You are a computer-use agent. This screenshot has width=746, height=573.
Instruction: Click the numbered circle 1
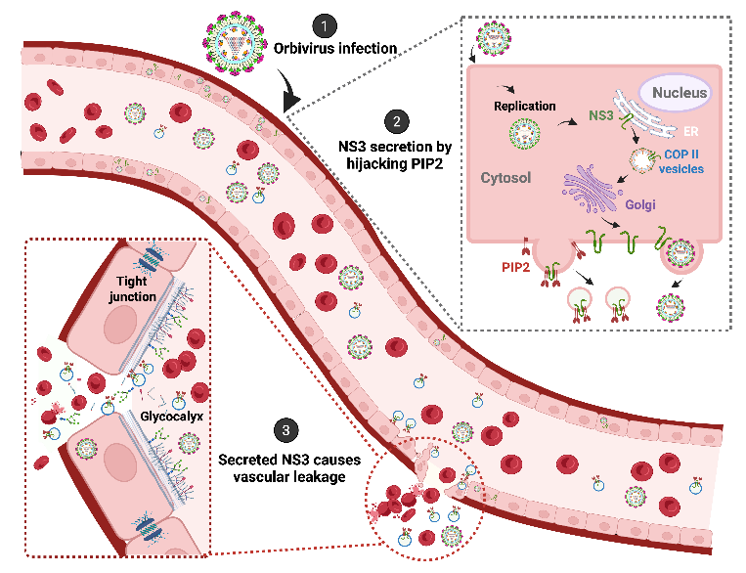coord(323,26)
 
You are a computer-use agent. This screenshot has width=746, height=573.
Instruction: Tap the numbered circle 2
coord(396,121)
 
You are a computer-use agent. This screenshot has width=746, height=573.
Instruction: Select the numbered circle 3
coord(285,429)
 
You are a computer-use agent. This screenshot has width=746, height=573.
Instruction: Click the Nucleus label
coord(675,93)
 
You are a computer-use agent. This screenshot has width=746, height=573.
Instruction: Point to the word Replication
coord(525,106)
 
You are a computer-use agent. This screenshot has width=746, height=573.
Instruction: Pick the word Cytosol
coord(505,179)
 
